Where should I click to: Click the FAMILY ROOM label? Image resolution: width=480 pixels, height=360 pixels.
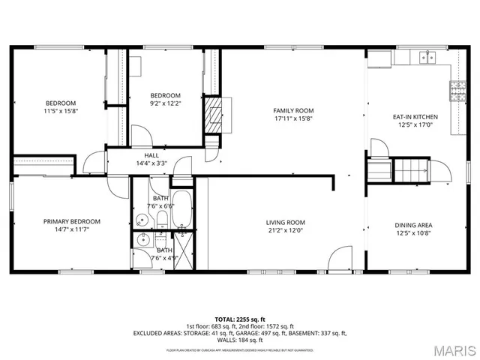click(292, 110)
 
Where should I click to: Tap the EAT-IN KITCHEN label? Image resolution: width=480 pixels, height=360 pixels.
click(415, 117)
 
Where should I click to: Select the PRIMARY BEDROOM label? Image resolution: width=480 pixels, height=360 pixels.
click(71, 221)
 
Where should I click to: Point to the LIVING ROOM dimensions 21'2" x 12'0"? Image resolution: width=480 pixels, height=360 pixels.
click(286, 230)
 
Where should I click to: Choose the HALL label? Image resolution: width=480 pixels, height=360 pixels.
click(151, 155)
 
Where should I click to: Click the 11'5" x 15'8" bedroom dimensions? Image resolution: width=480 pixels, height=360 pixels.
click(61, 110)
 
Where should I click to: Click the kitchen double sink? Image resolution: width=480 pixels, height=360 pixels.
click(429, 57)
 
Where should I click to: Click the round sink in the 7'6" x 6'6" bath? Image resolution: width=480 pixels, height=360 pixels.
click(141, 220)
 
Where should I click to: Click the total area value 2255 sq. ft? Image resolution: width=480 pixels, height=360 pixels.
click(252, 318)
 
